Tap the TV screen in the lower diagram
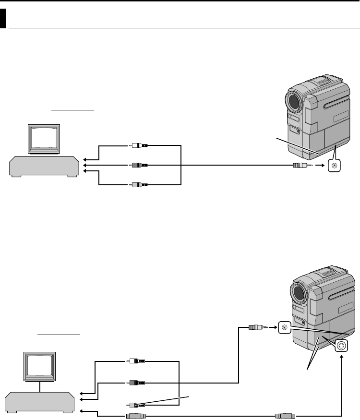(40, 366)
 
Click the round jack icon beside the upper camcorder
(334, 166)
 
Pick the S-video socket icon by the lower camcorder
(341, 346)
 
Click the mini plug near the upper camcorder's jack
(301, 166)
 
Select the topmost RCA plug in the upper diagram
(140, 145)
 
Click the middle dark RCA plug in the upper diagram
(140, 165)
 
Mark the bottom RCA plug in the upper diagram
(140, 184)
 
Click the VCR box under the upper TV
(44, 165)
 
